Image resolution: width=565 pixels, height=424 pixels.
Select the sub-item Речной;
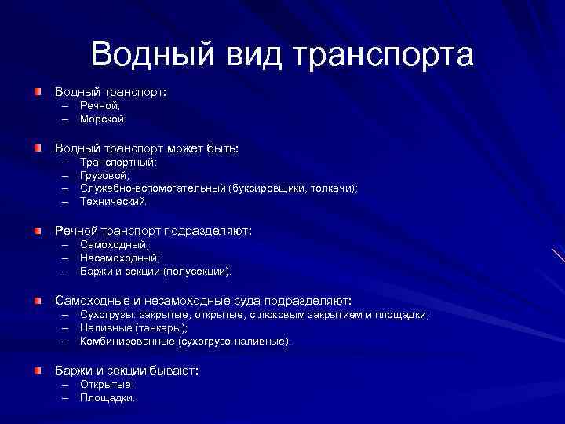coord(100,105)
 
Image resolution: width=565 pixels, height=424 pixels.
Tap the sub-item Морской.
coord(102,119)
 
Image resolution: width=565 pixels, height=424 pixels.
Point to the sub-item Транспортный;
coord(118,162)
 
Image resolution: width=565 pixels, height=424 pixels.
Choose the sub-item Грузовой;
coord(105,175)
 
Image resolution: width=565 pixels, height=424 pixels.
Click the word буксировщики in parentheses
coord(275,188)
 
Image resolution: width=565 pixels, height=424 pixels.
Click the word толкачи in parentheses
coord(336,188)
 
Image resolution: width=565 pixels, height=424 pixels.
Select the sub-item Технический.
coord(113,202)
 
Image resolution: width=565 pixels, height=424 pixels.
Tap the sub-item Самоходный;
coord(115,244)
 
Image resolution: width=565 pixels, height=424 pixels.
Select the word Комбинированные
coord(128,342)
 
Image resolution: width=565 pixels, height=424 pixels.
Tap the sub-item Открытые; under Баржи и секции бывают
coord(108,384)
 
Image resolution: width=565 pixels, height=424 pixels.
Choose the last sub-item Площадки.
coord(108,398)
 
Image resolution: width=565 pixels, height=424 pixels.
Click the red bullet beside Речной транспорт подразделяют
coord(38,231)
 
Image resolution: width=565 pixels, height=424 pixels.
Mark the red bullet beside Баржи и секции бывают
coord(38,370)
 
